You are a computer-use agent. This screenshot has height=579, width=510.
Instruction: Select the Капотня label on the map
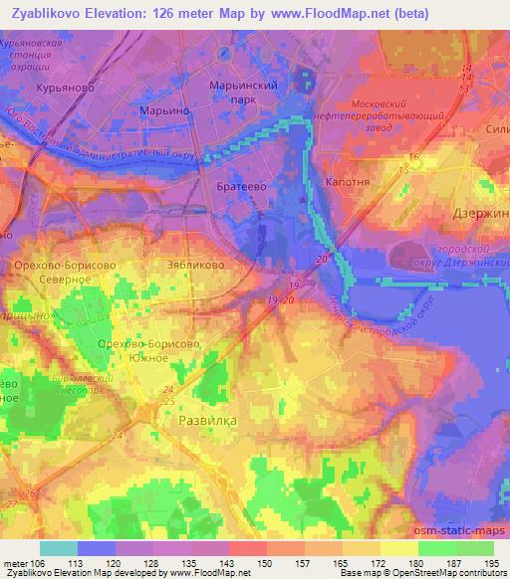click(348, 185)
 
